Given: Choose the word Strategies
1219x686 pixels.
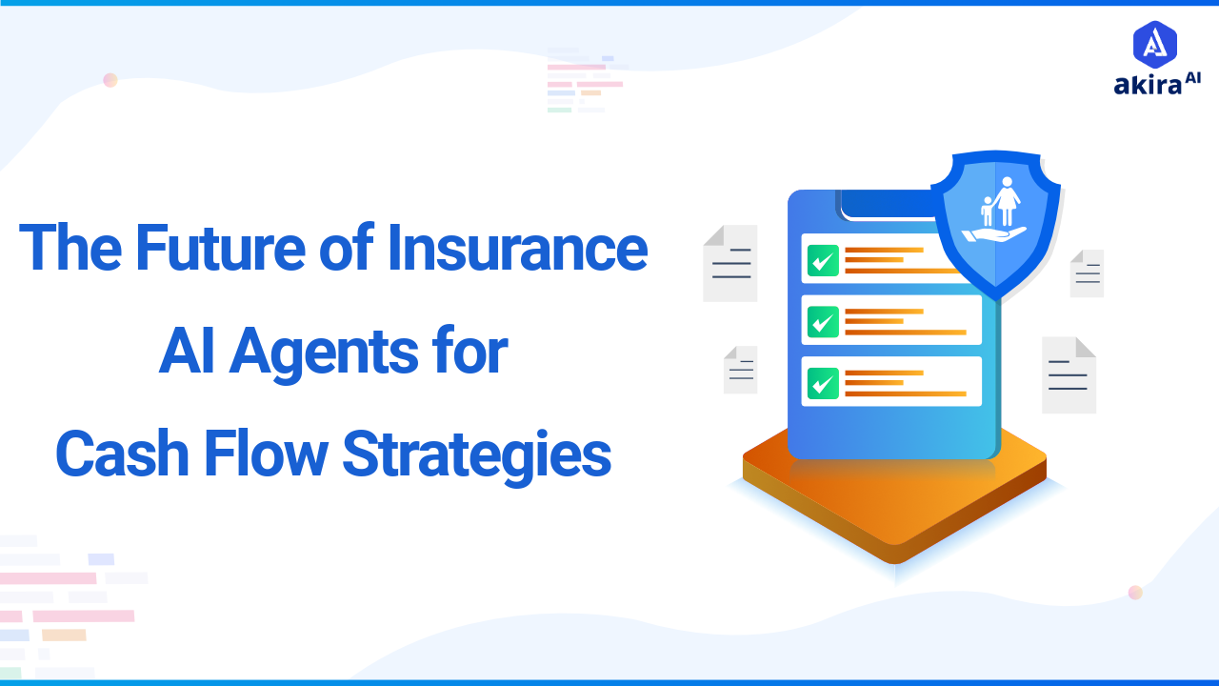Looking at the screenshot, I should pos(476,455).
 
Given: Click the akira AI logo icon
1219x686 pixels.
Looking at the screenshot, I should pos(1155,44).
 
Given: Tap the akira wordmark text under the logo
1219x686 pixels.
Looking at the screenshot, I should pos(1148,85).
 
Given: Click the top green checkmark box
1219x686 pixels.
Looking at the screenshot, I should pos(823,260).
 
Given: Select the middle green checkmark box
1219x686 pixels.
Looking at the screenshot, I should pos(823,321).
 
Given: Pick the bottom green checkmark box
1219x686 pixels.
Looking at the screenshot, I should pos(823,382).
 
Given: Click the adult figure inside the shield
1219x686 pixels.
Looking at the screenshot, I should pos(1006,201).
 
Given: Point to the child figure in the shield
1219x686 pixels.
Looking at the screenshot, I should pos(987,211).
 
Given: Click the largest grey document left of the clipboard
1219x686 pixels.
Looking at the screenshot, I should pos(730,264).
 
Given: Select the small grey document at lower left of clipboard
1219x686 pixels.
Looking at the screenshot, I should pos(740,370).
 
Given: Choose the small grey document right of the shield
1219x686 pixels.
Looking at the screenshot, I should pos(1087,273).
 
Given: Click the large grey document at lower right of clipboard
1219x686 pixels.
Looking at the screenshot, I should pos(1069,375).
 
